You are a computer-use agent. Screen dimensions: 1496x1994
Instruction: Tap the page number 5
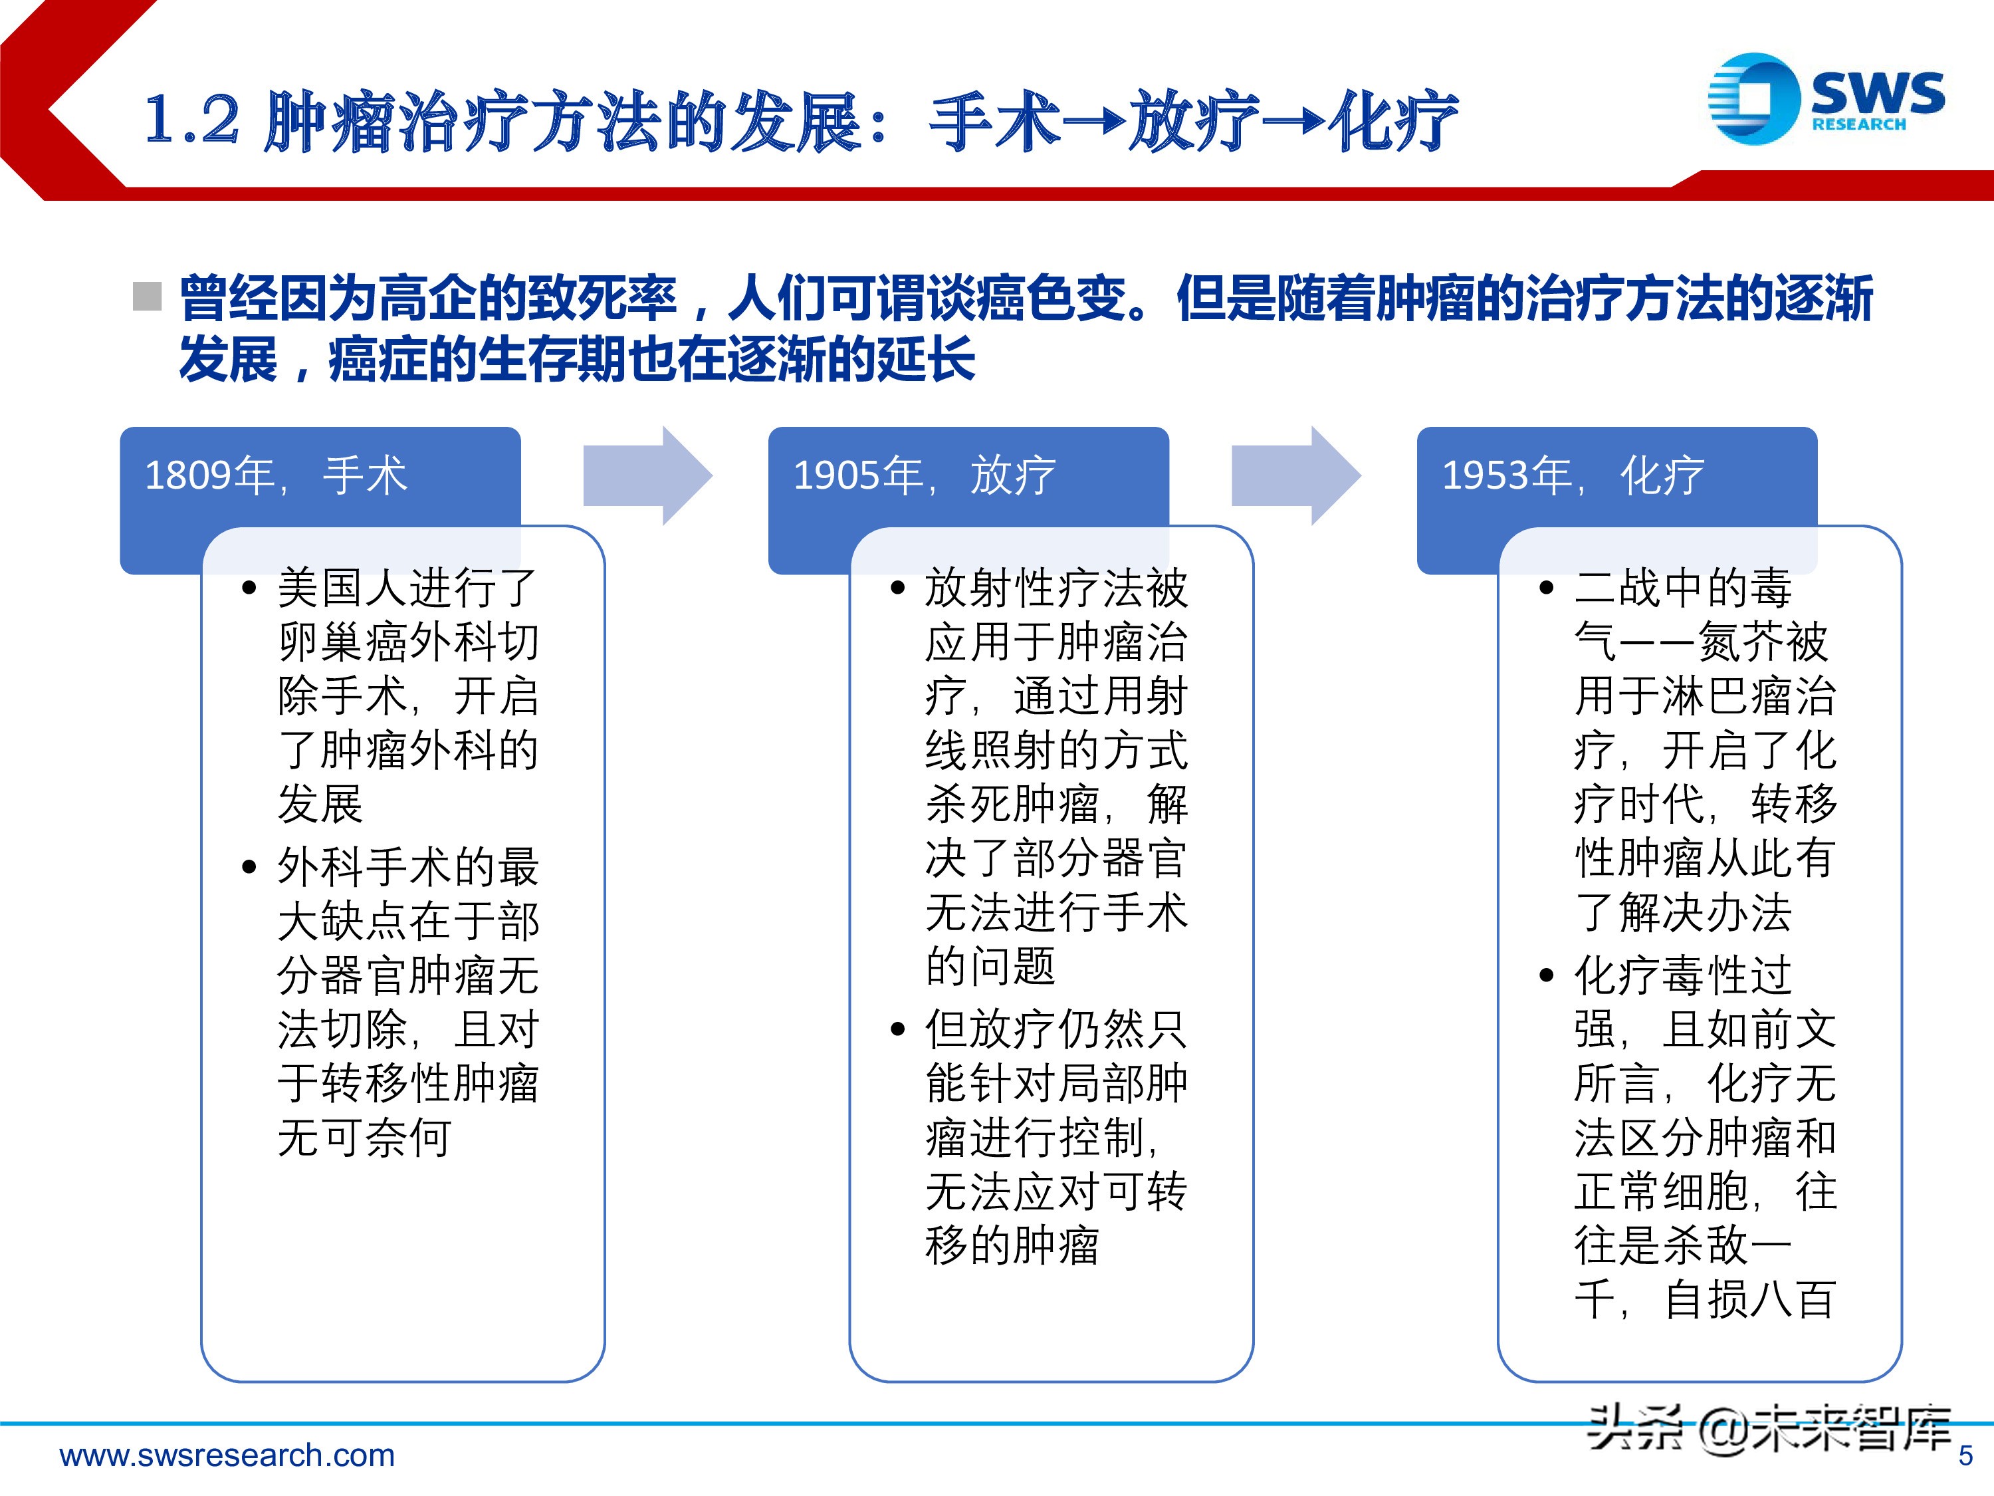tap(1965, 1456)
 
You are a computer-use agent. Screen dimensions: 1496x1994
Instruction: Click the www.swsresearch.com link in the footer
tap(227, 1455)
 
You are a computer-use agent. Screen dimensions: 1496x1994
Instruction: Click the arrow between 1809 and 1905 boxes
tap(647, 475)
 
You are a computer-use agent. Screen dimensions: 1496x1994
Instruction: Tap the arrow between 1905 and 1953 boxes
tap(1295, 475)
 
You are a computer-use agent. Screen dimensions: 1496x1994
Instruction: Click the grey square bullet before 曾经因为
tap(147, 296)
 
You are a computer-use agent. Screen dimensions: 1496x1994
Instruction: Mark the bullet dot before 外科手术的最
tap(250, 868)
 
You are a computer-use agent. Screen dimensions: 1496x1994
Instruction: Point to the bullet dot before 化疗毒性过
tap(1547, 975)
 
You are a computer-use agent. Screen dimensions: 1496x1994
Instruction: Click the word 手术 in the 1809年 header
tap(365, 475)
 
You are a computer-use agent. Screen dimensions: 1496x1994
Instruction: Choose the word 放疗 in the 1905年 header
tap(1012, 475)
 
